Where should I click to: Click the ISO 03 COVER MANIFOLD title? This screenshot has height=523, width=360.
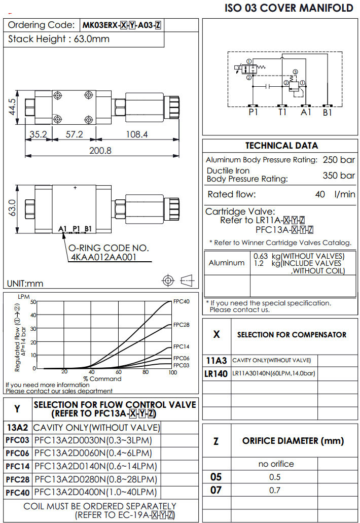(x=289, y=8)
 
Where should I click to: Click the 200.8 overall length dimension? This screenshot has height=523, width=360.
(x=100, y=151)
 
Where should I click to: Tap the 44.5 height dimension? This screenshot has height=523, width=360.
(x=12, y=108)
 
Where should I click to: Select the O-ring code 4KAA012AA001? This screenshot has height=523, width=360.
(x=111, y=257)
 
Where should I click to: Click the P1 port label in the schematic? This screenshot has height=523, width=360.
(x=253, y=113)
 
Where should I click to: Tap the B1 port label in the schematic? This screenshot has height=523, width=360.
(x=328, y=113)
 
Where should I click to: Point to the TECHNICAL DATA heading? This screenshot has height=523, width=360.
(x=281, y=146)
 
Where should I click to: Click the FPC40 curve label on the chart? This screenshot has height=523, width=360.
(x=182, y=301)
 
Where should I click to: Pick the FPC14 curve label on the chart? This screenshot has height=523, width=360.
(x=182, y=347)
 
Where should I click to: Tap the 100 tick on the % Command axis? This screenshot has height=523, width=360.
(x=172, y=372)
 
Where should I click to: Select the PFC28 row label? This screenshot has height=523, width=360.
(x=18, y=479)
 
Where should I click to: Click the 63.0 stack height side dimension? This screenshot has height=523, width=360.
(x=12, y=207)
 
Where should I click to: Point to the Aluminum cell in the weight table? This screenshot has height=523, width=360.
(x=227, y=263)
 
